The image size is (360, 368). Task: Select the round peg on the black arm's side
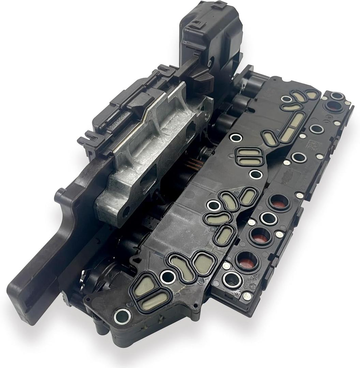[x=59, y=195]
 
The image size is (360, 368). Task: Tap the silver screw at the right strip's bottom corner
[x=246, y=296]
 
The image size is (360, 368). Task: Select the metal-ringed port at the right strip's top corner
[x=337, y=96]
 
